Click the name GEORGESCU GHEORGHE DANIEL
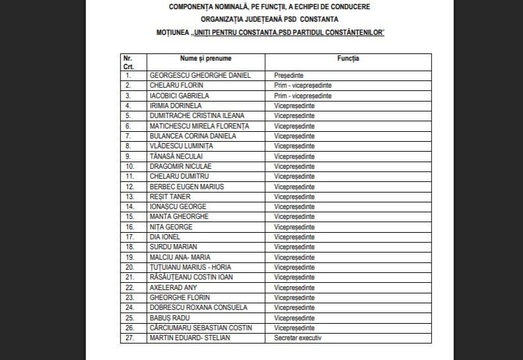click(x=200, y=75)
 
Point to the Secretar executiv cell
click(x=297, y=338)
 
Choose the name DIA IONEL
click(x=164, y=237)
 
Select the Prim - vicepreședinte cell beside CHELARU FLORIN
click(x=302, y=86)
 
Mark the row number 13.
click(x=129, y=196)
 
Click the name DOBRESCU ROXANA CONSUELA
click(x=198, y=307)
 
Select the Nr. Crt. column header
click(x=128, y=63)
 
